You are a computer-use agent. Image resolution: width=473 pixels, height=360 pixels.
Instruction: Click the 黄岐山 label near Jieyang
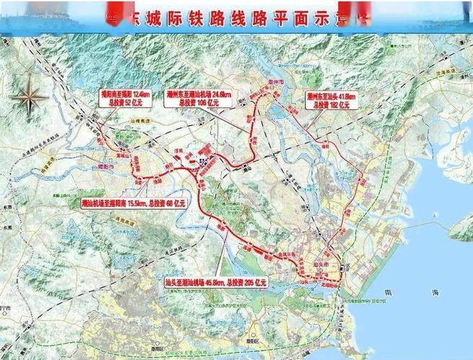pyautogui.click(x=108, y=155)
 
